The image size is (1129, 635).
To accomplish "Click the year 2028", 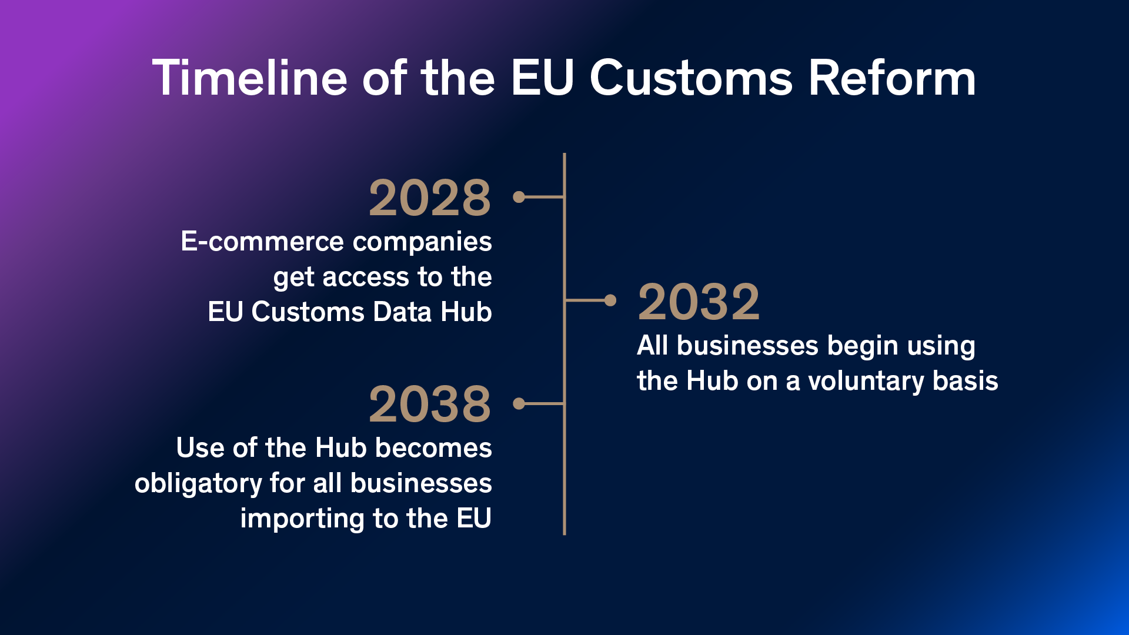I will [430, 198].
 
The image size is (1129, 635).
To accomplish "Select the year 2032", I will [699, 302].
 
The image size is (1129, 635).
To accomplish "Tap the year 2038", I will [430, 405].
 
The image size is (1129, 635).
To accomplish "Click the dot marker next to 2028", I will [519, 197].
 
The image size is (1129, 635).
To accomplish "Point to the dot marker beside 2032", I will [610, 300].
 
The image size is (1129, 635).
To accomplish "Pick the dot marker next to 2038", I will [519, 403].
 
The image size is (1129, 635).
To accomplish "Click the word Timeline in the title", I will [250, 78].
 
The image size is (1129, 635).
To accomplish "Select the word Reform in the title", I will [892, 78].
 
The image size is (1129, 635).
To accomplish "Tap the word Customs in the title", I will [692, 78].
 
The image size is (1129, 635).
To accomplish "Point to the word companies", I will [422, 242].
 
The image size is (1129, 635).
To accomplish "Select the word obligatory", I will [198, 484].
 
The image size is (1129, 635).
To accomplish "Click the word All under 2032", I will [653, 346].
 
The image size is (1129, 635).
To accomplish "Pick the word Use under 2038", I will [200, 448].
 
